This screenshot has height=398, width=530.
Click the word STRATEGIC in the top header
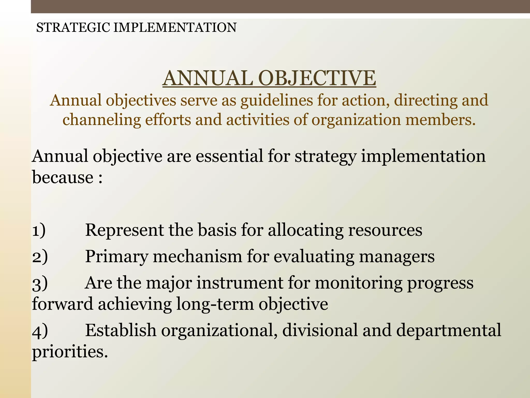(x=73, y=27)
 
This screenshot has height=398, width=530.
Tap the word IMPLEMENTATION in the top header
(x=175, y=27)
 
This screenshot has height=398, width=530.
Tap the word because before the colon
(x=63, y=177)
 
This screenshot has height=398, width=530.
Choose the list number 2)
(x=40, y=257)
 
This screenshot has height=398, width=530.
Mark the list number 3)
(x=40, y=283)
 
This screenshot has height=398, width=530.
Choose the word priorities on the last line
(x=69, y=352)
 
